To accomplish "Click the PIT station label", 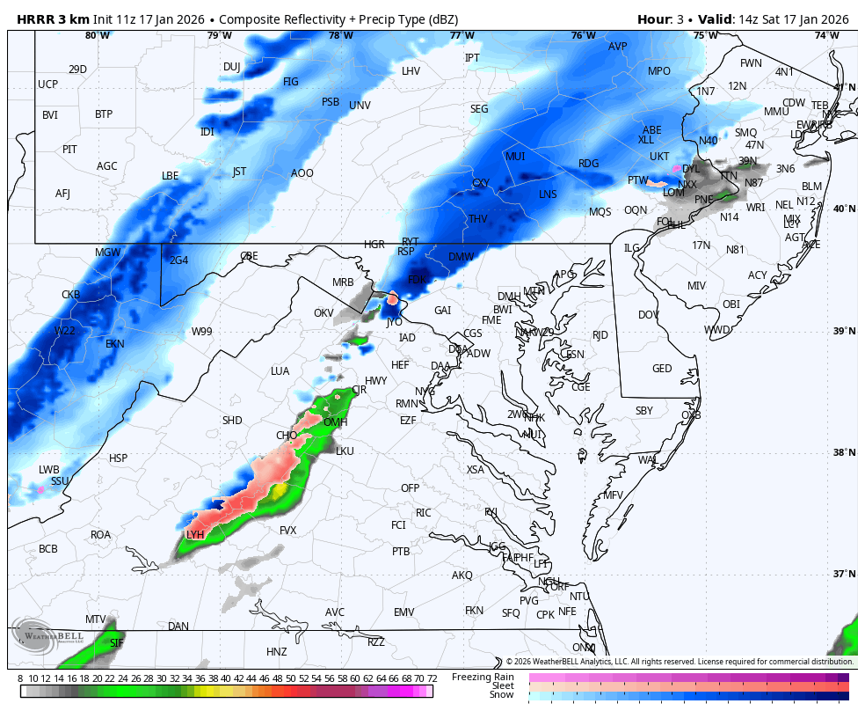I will click(69, 150).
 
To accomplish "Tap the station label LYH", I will click(195, 535).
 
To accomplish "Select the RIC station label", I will click(424, 513).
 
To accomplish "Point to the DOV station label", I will click(648, 315).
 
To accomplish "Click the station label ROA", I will click(101, 535).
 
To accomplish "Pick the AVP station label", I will click(618, 47).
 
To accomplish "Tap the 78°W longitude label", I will click(340, 35).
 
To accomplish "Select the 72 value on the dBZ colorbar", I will click(432, 678).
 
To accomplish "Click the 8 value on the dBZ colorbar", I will click(20, 678).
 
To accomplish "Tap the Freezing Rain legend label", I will click(483, 677).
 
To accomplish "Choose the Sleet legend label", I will click(502, 685).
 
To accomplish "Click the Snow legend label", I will click(502, 695).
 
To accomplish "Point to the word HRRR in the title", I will click(33, 19).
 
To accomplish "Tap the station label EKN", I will click(115, 344).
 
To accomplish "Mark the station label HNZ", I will click(277, 652).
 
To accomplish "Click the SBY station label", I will click(644, 411).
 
